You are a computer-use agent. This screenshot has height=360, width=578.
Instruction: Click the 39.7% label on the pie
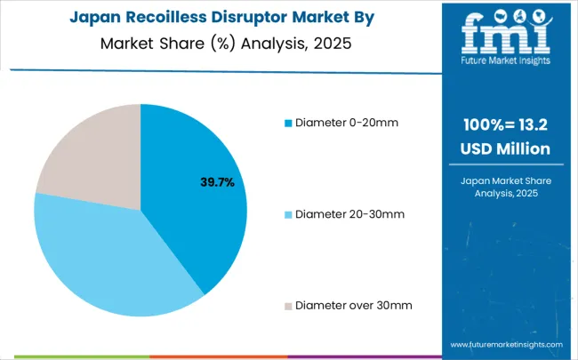click(x=217, y=182)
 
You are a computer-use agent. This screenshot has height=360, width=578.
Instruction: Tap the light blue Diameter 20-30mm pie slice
click(x=116, y=258)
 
